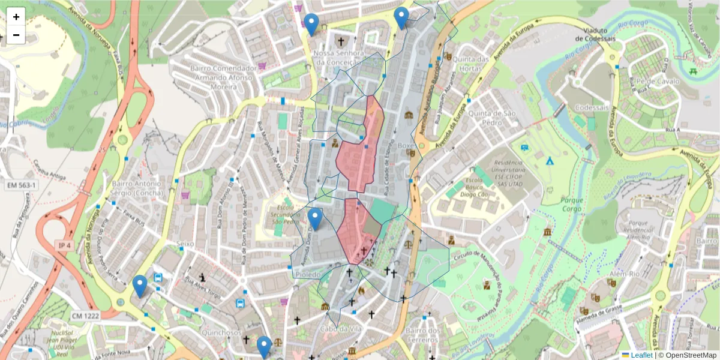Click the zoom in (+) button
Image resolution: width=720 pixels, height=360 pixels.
click(16, 17)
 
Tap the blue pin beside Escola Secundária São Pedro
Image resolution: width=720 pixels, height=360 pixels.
click(315, 219)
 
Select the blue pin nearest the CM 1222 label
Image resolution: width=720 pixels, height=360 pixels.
click(140, 286)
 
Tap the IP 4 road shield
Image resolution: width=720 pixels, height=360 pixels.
click(65, 246)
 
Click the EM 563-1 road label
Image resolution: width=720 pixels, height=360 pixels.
click(22, 185)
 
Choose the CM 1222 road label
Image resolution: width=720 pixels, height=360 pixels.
click(85, 316)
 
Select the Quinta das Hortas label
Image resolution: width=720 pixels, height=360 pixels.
click(471, 64)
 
